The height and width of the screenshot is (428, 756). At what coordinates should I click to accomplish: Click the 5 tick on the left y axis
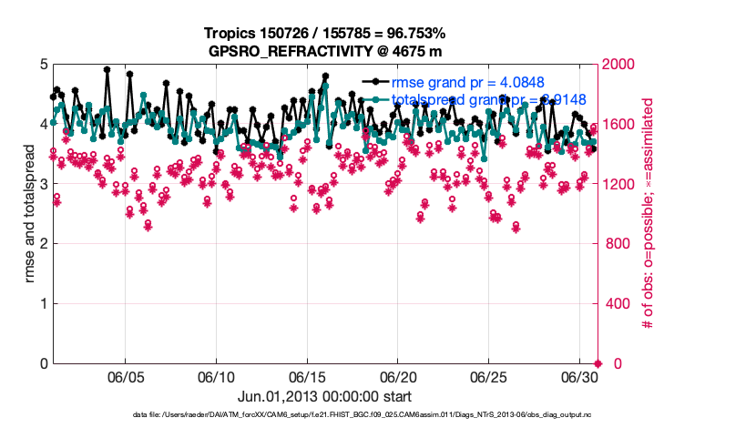point(42,65)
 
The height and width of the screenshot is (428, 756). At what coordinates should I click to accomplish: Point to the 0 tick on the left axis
point(42,363)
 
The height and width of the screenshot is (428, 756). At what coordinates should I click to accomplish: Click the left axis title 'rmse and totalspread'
point(30,214)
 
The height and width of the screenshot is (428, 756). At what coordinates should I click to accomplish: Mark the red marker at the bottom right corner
point(598,363)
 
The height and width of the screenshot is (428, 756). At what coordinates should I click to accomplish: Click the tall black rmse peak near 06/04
point(107,69)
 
